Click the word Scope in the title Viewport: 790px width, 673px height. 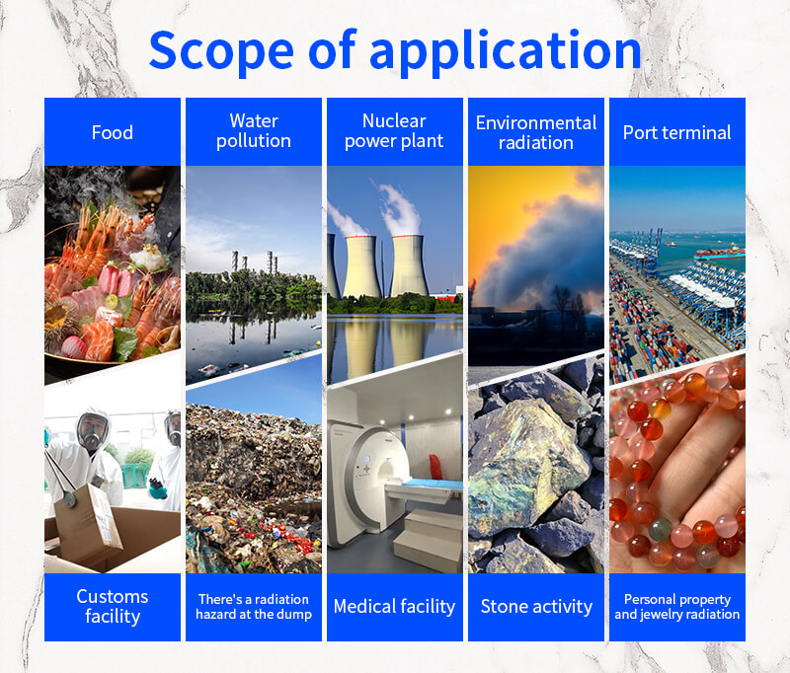[x=221, y=51]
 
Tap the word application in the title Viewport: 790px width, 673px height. [x=506, y=52]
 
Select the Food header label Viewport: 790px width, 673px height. [x=113, y=132]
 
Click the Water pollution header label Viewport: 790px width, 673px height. [x=254, y=131]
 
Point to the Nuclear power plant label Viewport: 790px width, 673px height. [x=394, y=131]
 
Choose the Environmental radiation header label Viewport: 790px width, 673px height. [x=536, y=132]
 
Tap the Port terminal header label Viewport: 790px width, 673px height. [x=676, y=132]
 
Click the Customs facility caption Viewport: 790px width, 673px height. [x=113, y=606]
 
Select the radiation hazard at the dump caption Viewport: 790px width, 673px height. [x=254, y=607]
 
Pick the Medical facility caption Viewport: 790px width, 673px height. [x=394, y=607]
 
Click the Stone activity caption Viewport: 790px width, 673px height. [x=536, y=607]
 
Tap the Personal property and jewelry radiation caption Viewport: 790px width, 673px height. [x=676, y=607]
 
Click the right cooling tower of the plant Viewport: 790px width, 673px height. [x=409, y=265]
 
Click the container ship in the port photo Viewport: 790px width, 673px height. [x=719, y=253]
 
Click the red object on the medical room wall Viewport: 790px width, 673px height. [x=435, y=467]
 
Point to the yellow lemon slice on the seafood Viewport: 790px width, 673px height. [x=112, y=302]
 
